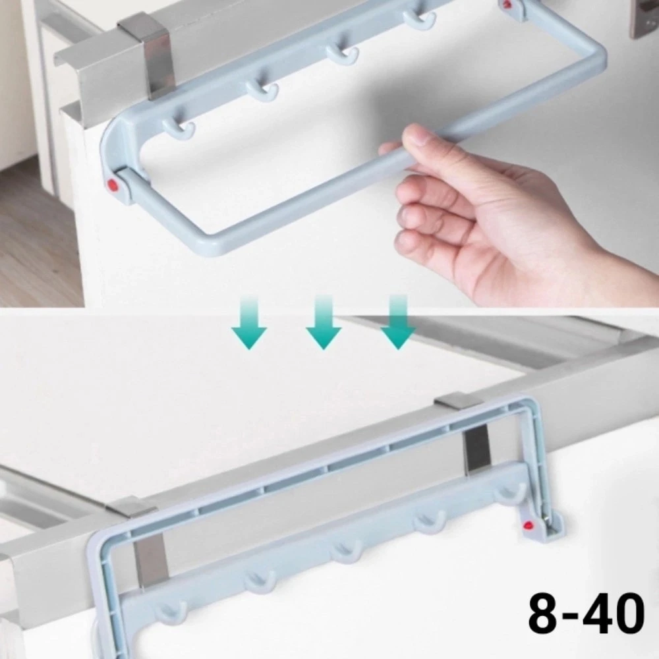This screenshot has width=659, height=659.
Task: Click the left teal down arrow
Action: point(249,323)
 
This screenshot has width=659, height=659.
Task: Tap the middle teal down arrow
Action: point(323,322)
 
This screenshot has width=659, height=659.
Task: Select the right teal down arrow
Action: point(398,322)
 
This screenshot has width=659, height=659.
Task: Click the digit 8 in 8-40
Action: point(546,614)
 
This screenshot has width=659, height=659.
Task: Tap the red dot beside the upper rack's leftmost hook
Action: point(113,184)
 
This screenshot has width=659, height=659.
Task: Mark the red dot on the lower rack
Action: point(527,525)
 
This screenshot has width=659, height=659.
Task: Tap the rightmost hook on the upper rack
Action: point(420,19)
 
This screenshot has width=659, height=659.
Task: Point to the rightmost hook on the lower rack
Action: point(510,492)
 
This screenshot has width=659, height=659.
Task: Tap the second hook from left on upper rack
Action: point(262,90)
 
